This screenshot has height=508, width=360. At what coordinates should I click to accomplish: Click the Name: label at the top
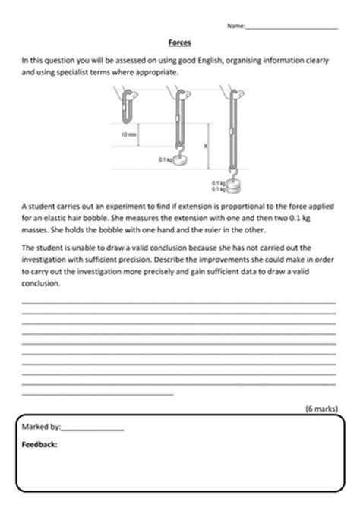click(x=236, y=26)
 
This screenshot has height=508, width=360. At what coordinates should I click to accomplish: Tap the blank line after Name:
click(x=292, y=27)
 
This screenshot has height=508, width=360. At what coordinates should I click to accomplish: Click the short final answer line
click(x=98, y=393)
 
